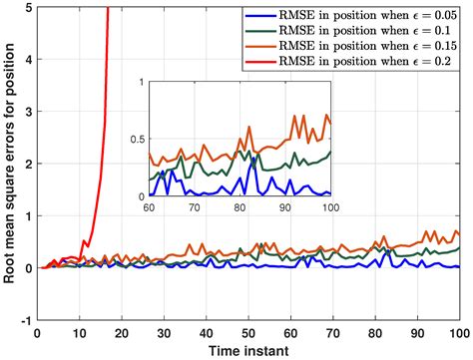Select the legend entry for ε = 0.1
click(x=361, y=34)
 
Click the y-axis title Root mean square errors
click(x=10, y=164)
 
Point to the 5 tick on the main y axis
click(x=26, y=7)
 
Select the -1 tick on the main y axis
click(x=24, y=320)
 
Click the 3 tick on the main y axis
click(x=26, y=112)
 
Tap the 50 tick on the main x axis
click(x=248, y=332)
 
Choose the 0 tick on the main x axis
click(x=37, y=332)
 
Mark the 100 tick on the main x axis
click(x=457, y=332)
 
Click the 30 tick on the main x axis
click(x=164, y=332)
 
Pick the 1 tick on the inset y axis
click(x=141, y=80)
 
